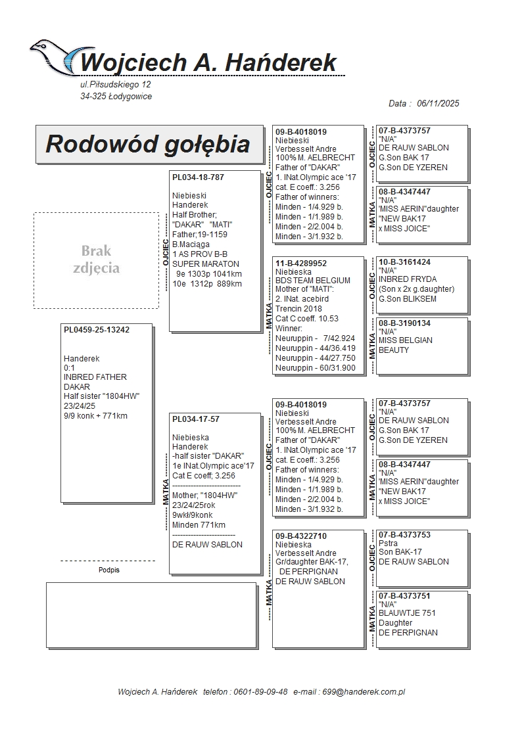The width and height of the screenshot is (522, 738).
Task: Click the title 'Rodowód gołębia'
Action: (148, 144)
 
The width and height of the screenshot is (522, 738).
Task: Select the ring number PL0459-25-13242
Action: (97, 330)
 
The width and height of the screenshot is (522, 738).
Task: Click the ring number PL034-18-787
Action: (198, 177)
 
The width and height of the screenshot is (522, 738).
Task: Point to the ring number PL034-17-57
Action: (196, 419)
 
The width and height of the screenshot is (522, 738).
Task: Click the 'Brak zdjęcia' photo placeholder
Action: (96, 260)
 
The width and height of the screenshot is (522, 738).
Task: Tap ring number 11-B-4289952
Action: (301, 264)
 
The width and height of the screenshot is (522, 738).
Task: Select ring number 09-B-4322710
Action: (301, 536)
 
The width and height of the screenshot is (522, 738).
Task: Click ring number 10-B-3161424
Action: (405, 262)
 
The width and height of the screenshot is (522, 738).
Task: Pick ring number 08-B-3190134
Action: (405, 323)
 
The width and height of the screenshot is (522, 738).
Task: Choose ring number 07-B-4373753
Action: (405, 535)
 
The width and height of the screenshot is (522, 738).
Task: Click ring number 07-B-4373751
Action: (405, 596)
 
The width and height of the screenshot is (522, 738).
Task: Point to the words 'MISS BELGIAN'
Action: (406, 340)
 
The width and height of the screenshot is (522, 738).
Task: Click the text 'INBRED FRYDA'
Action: (408, 279)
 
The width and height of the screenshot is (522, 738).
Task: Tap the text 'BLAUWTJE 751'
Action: (407, 613)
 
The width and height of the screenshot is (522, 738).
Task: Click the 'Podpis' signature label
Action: (109, 570)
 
